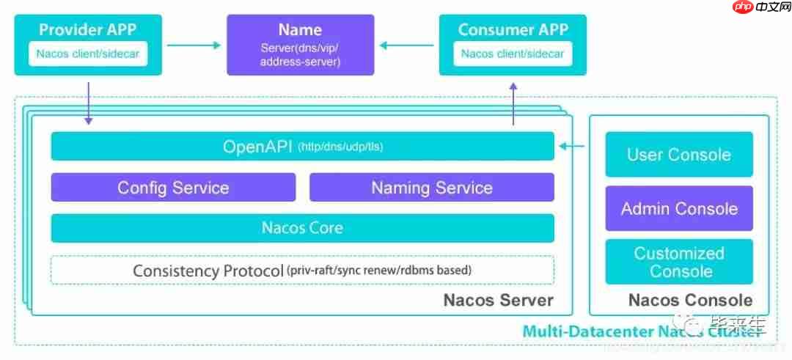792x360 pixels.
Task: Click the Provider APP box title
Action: [x=88, y=30]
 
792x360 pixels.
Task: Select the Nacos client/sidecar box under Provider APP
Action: [x=88, y=54]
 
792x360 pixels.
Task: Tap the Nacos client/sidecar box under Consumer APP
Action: [x=513, y=54]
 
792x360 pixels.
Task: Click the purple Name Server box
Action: [x=300, y=45]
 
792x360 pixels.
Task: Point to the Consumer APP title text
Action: [x=513, y=30]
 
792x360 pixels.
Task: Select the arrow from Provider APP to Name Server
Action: [x=194, y=45]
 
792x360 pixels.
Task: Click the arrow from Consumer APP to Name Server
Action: [x=406, y=45]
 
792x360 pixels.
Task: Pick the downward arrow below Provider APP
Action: [x=89, y=103]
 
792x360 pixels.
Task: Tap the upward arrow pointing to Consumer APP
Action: [x=513, y=103]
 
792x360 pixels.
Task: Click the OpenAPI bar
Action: [x=302, y=147]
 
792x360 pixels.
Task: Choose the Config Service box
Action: [x=173, y=188]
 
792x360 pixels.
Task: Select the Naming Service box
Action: [x=432, y=188]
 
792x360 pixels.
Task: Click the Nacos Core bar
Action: [x=302, y=228]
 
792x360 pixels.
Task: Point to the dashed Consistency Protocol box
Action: [x=302, y=270]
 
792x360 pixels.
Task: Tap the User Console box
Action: [x=679, y=155]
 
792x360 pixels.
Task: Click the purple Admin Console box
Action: [x=679, y=209]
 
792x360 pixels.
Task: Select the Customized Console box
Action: [x=679, y=262]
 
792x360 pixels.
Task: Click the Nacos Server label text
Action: [x=498, y=301]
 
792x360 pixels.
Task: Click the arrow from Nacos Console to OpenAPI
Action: [x=572, y=147]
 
